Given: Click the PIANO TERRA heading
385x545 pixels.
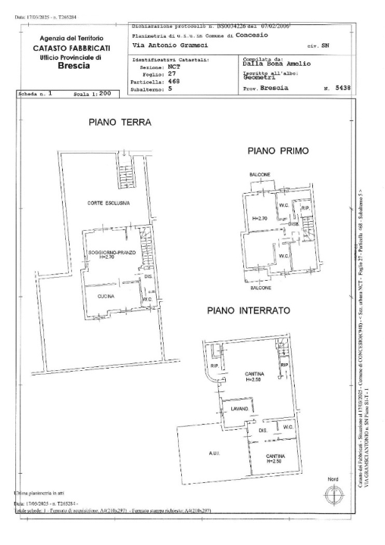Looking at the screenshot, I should point(120,122).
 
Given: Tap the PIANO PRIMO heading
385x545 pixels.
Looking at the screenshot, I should point(278,151).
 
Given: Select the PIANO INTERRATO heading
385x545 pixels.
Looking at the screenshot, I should point(249,310).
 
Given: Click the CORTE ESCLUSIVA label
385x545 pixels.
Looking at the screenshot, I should point(109,203).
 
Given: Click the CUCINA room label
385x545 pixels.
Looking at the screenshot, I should point(105,297).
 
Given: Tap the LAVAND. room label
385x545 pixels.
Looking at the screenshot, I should point(231,410).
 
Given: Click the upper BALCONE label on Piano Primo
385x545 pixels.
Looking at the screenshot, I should point(260,175).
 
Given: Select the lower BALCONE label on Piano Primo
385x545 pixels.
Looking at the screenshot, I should point(261,288).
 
